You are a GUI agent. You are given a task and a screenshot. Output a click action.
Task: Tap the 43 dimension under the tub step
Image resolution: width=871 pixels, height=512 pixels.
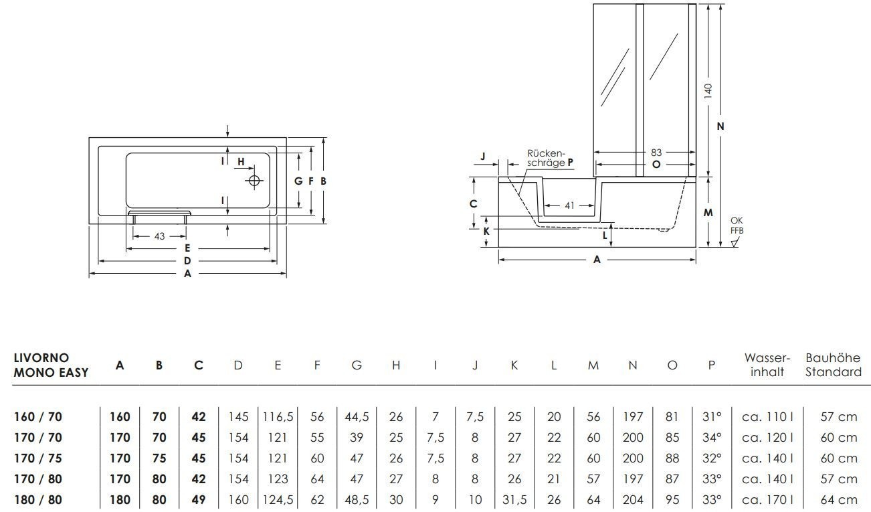[x=159, y=236]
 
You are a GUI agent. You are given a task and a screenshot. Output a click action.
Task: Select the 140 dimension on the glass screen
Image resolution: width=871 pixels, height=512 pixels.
[x=708, y=90]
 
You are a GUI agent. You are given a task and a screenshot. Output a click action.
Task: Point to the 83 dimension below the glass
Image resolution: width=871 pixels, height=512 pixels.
[x=656, y=153]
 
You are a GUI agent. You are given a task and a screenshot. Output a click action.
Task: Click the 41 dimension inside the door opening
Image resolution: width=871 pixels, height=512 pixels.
[x=569, y=206]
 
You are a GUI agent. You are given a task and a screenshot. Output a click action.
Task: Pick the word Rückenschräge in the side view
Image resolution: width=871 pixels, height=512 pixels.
[x=547, y=157]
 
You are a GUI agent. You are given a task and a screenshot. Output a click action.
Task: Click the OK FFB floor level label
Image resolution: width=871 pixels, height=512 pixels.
[x=736, y=226]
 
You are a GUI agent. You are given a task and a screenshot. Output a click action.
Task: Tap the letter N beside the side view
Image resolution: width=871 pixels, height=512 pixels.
[x=721, y=126]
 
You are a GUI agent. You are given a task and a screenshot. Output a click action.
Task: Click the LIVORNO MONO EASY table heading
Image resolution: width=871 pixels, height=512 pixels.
[x=51, y=365]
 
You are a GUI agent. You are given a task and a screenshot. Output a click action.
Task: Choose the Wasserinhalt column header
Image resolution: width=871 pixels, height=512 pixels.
[x=767, y=365]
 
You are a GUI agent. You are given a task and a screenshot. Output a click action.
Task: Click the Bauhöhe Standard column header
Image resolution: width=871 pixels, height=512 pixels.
[x=833, y=365]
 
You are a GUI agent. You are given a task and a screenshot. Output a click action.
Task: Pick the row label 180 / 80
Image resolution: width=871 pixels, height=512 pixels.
[x=37, y=499]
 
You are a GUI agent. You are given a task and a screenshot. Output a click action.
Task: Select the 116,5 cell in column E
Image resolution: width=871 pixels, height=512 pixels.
[x=278, y=416]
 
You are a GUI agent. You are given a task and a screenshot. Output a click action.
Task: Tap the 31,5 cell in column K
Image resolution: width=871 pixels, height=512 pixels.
[x=514, y=499]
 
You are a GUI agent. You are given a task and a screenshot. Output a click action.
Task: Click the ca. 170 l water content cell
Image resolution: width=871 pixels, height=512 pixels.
[x=767, y=499]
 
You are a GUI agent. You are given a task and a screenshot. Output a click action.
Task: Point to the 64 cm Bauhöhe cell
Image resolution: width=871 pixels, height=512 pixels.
[x=838, y=499]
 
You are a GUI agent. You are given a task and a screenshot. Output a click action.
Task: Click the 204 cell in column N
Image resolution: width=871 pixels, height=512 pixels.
[x=633, y=499]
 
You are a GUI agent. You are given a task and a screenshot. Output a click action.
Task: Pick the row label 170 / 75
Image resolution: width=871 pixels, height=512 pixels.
[x=37, y=458]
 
